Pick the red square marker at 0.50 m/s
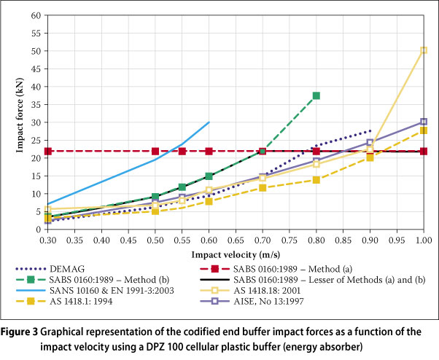[155, 151]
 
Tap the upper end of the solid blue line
[209, 122]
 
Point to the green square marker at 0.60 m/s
[209, 176]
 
